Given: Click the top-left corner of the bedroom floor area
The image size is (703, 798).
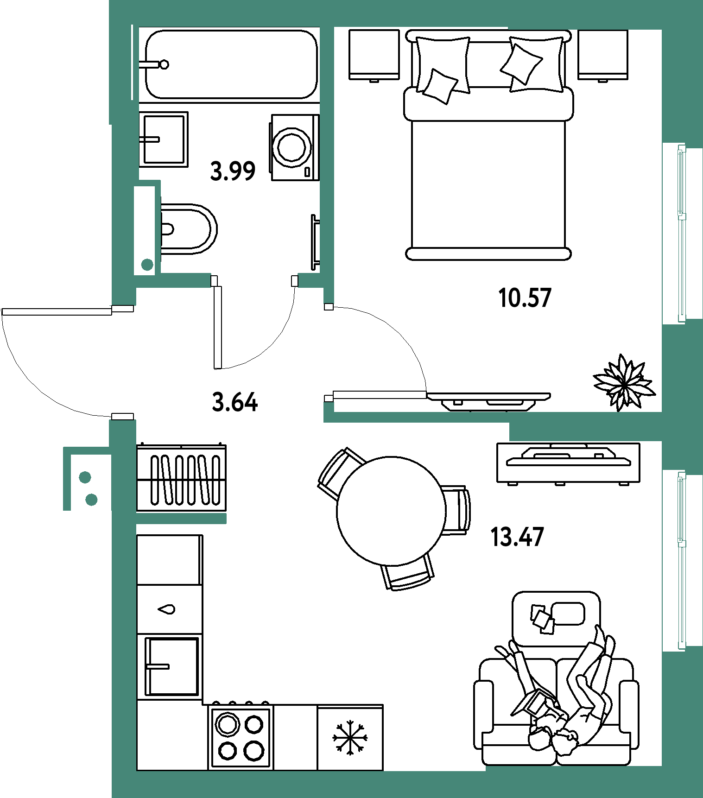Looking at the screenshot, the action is pos(335,27).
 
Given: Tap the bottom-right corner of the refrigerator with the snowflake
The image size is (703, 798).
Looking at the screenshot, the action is pos(383,770).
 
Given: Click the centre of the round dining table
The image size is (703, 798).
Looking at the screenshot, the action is pos(391,511).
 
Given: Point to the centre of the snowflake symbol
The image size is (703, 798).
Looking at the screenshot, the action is pos(350,737).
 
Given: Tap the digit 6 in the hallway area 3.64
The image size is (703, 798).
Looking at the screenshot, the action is pos(235,402).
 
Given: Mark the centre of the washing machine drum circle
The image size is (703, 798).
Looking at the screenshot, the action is pos(292,147).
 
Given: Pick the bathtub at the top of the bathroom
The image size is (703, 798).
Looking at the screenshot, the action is pos(231,64).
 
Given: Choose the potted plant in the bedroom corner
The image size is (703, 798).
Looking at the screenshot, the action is pos(624,383).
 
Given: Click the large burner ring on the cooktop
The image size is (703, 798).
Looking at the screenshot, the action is pos(228,724).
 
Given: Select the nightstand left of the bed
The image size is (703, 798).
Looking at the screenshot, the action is pos(374,55).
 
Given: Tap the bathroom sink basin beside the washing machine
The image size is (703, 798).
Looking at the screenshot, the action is pos(164,139).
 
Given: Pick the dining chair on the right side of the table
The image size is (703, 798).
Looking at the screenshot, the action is pos(456,511).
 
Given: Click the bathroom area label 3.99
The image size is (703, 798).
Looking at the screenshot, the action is pos(233,171).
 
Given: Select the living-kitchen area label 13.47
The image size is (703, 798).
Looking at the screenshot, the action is pos(517,537).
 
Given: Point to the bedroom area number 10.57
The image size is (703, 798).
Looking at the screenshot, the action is pos(525,298).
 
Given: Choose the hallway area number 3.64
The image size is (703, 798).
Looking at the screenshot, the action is pos(234,402).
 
